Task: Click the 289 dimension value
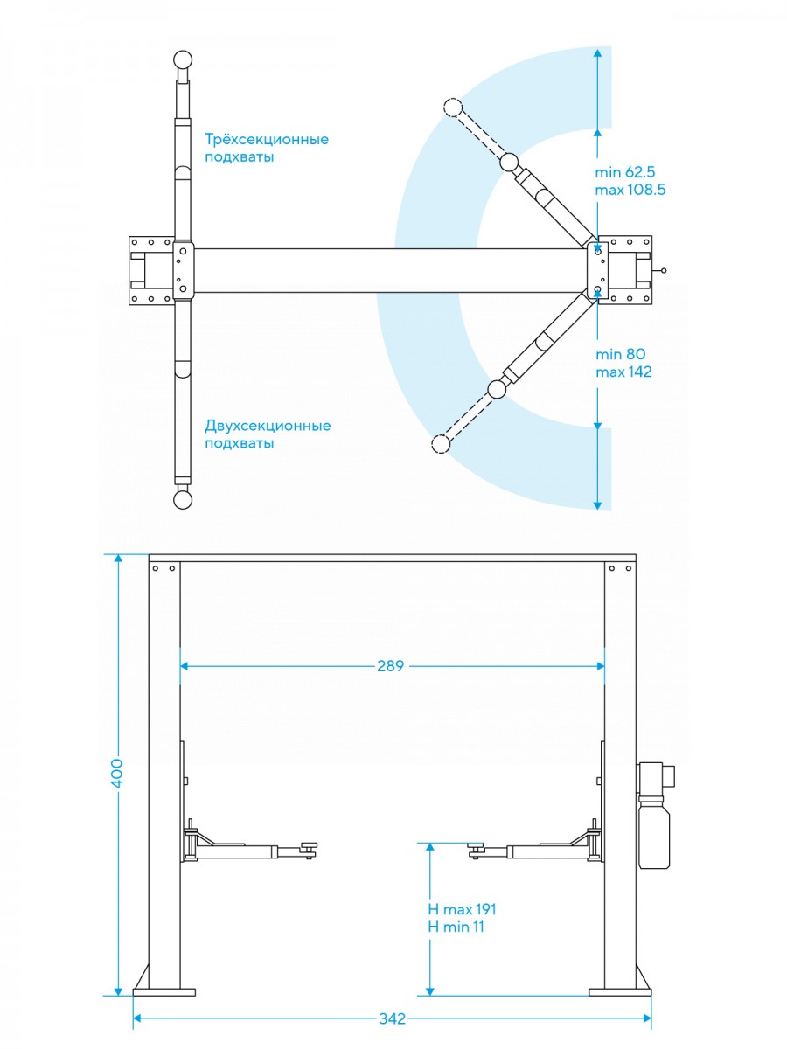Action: (x=391, y=666)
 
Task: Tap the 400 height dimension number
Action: (x=117, y=774)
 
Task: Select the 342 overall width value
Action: (x=393, y=1019)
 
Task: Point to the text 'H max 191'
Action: (x=462, y=909)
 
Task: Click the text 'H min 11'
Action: (x=456, y=927)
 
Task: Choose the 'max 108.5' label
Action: (x=630, y=190)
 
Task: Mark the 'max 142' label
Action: (x=623, y=372)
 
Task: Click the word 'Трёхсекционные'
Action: (x=267, y=139)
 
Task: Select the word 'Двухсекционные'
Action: (x=268, y=426)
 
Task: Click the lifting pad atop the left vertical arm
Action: (x=182, y=60)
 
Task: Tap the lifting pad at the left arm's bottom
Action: (x=182, y=499)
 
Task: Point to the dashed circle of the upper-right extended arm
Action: (x=452, y=108)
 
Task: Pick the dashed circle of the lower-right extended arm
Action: (x=441, y=445)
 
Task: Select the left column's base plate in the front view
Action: (x=164, y=991)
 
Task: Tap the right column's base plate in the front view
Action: (x=620, y=991)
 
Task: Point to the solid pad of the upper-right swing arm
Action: (x=509, y=162)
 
